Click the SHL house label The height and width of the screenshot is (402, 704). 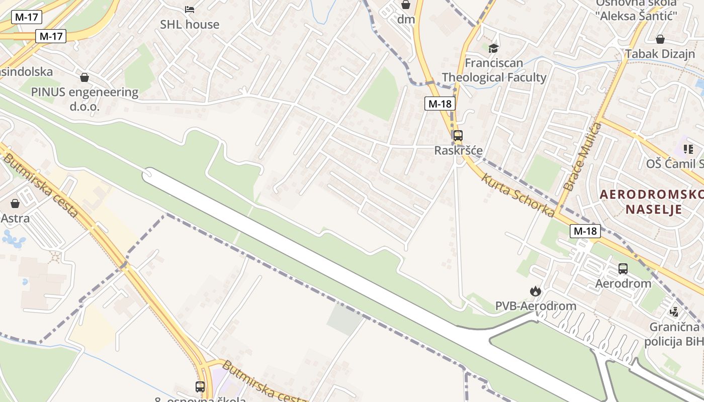pyautogui.click(x=190, y=24)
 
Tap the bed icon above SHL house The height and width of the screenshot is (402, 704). pyautogui.click(x=190, y=9)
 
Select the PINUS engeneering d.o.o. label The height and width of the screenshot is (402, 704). pyautogui.click(x=84, y=99)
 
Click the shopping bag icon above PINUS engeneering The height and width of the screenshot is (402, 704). pyautogui.click(x=84, y=77)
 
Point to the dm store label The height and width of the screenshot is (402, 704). pyautogui.click(x=406, y=19)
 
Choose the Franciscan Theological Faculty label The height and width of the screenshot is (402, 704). pyautogui.click(x=494, y=70)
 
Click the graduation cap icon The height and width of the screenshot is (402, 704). pyautogui.click(x=494, y=48)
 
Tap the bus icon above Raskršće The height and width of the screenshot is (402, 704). pyautogui.click(x=458, y=135)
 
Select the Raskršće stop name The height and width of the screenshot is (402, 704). pyautogui.click(x=458, y=150)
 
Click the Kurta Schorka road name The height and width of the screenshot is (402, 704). pyautogui.click(x=518, y=195)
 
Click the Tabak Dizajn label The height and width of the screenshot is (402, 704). pyautogui.click(x=660, y=54)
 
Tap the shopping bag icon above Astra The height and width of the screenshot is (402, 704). pyautogui.click(x=15, y=204)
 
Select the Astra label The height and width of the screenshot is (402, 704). pyautogui.click(x=15, y=219)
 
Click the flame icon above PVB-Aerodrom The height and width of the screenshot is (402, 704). pyautogui.click(x=536, y=291)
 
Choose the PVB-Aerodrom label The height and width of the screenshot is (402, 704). pyautogui.click(x=536, y=306)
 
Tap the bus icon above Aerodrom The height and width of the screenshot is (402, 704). pyautogui.click(x=623, y=269)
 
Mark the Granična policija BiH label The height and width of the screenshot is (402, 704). pyautogui.click(x=674, y=334)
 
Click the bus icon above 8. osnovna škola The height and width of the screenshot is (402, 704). pyautogui.click(x=200, y=386)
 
